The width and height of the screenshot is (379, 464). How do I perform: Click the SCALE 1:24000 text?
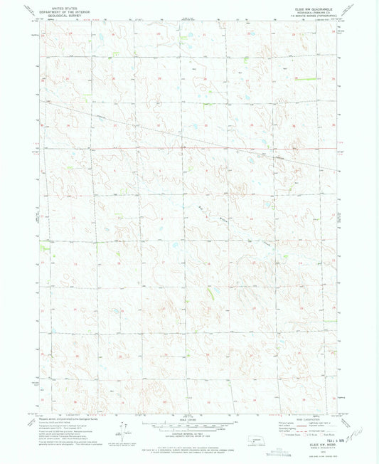(189, 418)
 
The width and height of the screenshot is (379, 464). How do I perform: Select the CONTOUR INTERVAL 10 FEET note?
(189, 432)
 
